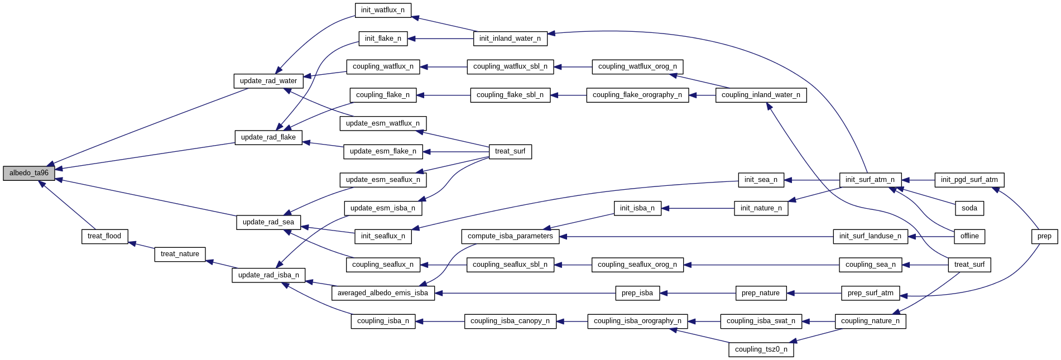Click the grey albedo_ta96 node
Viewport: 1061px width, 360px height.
point(29,173)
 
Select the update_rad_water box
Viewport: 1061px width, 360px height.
point(268,81)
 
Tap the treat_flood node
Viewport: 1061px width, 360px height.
point(104,236)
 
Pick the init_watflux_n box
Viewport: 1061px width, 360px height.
point(383,10)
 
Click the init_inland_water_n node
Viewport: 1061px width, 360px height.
point(510,39)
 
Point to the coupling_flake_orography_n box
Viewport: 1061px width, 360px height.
point(637,95)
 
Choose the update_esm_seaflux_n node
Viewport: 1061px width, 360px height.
point(383,180)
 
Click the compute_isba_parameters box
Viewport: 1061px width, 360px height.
point(510,236)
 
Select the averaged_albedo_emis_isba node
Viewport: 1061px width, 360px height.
point(383,293)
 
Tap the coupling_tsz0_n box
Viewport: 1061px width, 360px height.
point(761,349)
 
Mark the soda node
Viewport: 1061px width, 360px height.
point(969,208)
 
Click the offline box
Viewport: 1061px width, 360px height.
point(969,236)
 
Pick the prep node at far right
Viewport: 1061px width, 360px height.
point(1044,236)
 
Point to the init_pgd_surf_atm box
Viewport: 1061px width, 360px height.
point(969,180)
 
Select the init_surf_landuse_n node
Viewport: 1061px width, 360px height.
point(870,236)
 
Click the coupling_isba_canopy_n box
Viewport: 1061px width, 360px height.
point(510,321)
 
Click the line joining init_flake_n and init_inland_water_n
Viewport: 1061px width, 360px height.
point(441,39)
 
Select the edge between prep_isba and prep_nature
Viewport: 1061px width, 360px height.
point(698,293)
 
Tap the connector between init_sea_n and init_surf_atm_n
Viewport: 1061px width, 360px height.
point(812,180)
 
